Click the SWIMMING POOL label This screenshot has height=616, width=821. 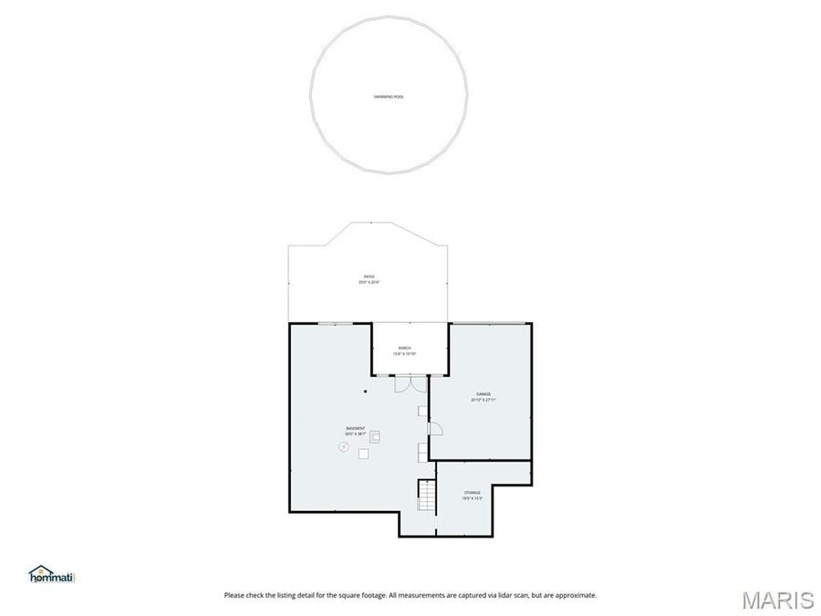click(389, 96)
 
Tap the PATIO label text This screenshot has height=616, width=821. click(369, 277)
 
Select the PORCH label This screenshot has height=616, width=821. click(404, 349)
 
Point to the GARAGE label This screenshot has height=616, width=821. click(483, 394)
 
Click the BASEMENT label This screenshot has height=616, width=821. click(356, 428)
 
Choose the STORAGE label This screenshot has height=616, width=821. click(472, 493)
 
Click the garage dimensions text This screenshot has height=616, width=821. click(483, 400)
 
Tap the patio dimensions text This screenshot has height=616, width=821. click(369, 283)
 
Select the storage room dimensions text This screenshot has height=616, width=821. click(472, 498)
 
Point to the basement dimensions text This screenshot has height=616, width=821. click(356, 433)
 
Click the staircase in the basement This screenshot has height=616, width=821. click(426, 496)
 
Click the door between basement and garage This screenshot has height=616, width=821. click(434, 428)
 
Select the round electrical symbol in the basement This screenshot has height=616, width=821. click(344, 446)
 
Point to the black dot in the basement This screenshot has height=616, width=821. click(365, 392)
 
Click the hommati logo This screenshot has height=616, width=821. click(52, 573)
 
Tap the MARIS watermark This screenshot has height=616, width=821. click(777, 600)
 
